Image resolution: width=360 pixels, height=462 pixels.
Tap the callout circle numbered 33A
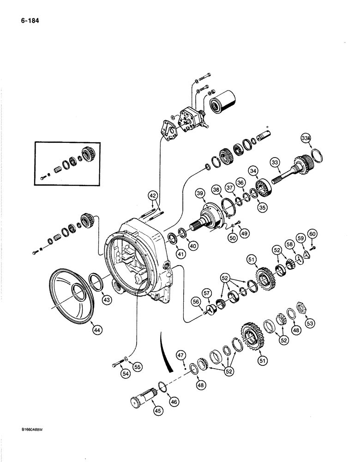(306, 138)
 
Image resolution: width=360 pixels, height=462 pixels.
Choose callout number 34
(253, 171)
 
